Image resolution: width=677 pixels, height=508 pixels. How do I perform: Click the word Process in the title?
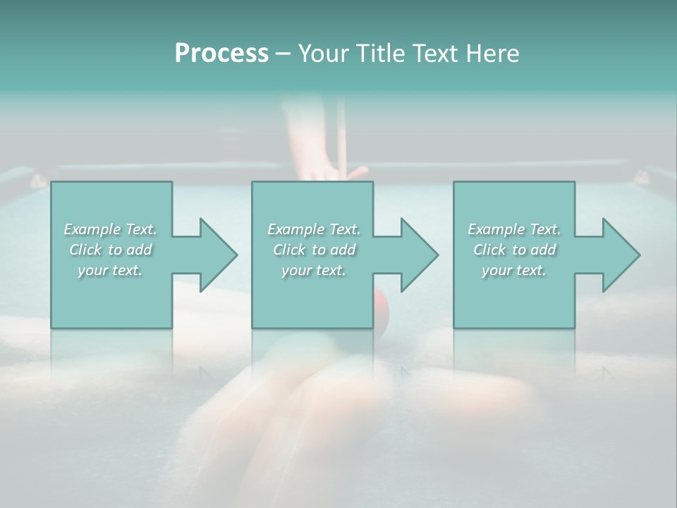(x=221, y=54)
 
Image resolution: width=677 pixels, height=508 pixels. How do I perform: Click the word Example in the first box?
(x=92, y=229)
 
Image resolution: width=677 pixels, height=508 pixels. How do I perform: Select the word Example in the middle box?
(x=295, y=229)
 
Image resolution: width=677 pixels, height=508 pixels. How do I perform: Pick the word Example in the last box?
(x=496, y=229)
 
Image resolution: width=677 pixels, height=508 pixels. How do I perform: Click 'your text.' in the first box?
(x=110, y=270)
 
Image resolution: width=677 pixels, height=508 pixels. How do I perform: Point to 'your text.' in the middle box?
(x=314, y=270)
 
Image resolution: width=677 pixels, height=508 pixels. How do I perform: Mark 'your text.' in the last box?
(x=514, y=270)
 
